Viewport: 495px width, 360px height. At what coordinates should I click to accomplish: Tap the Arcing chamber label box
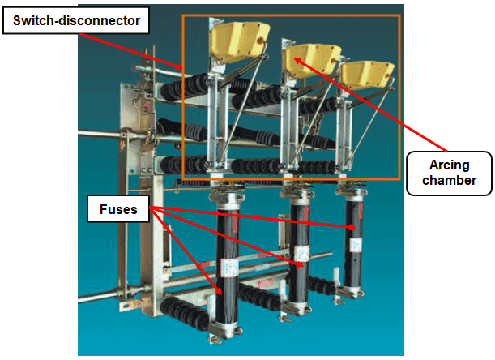pyautogui.click(x=449, y=173)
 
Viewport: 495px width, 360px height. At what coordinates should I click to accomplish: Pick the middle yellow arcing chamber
pyautogui.click(x=311, y=59)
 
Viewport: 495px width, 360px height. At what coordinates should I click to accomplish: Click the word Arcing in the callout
pyautogui.click(x=449, y=164)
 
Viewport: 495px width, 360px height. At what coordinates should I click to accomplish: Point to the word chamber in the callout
pyautogui.click(x=449, y=181)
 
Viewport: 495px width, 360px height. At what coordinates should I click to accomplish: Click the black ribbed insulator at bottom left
pyautogui.click(x=183, y=312)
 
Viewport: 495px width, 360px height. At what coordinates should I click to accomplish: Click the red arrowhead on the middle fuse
pyautogui.click(x=300, y=264)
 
